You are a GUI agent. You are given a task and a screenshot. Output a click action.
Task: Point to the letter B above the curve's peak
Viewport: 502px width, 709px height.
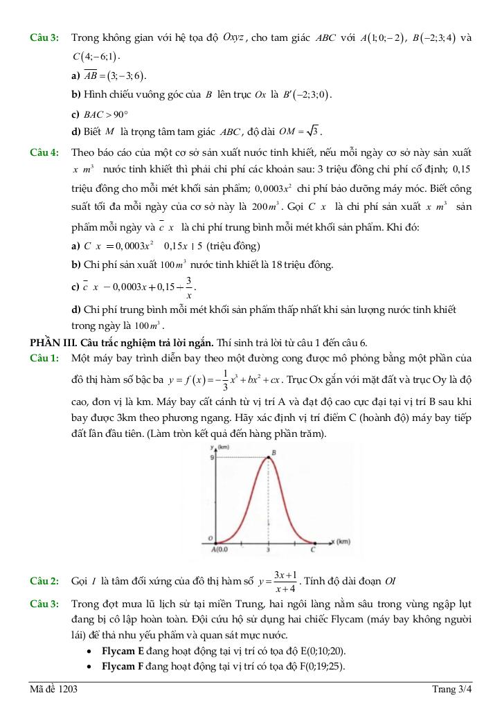(x=274, y=452)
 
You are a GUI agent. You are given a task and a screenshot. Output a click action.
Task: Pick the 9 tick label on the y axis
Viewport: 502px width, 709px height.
(x=212, y=457)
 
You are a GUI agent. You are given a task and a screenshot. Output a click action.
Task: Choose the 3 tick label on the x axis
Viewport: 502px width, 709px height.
(x=268, y=550)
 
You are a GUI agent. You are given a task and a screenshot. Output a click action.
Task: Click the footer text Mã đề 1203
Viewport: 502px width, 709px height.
(x=53, y=690)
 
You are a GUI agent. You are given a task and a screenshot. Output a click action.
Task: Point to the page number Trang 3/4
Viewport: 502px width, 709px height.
(x=451, y=690)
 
